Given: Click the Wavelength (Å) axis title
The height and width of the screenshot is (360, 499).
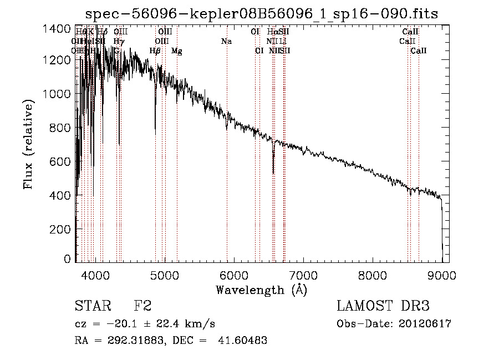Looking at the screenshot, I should pyautogui.click(x=261, y=290).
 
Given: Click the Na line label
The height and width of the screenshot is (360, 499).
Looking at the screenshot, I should pyautogui.click(x=226, y=42).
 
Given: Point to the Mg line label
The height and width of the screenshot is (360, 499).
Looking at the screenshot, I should pyautogui.click(x=177, y=51).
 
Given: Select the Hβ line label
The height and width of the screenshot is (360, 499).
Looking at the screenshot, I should pyautogui.click(x=155, y=51).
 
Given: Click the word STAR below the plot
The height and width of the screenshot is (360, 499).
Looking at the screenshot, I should pyautogui.click(x=93, y=306).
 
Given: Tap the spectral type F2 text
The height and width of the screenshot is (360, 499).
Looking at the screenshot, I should pyautogui.click(x=143, y=306).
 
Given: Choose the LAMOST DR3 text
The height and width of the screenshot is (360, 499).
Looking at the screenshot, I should pyautogui.click(x=383, y=306).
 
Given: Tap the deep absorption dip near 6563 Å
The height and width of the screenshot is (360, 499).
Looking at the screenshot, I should pyautogui.click(x=273, y=166).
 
